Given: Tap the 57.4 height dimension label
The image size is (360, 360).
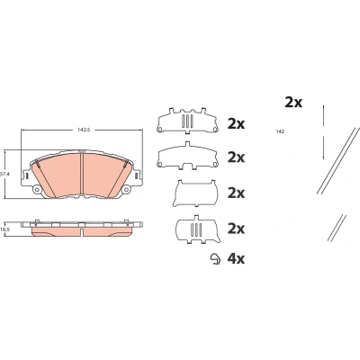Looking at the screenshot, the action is pos(4,174).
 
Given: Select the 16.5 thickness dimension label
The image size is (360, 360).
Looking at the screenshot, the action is pos(4,229).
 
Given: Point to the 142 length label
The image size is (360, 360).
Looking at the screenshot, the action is pos(281,131).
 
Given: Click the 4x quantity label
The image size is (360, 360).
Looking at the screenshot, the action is pos(236,258).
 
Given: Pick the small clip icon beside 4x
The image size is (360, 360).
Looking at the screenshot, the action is pos(215,259).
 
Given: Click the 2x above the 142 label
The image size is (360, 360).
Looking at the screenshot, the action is pos(293,103).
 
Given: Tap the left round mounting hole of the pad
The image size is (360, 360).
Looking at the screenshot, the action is pos(38,189).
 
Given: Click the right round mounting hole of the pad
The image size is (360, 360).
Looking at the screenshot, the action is pos(126,189).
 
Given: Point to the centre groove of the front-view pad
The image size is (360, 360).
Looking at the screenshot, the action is pos(82,174).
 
